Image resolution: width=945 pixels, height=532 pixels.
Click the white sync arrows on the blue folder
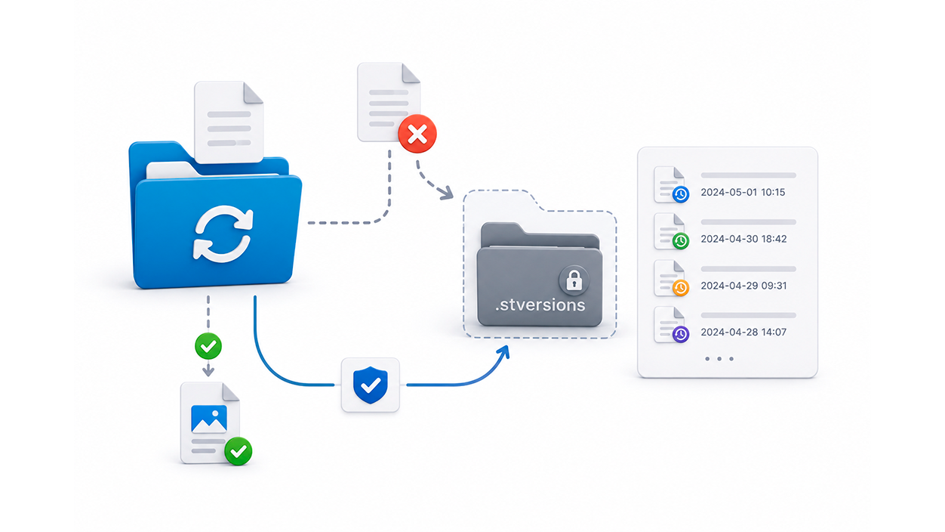point(223,234)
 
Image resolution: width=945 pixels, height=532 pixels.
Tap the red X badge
point(417,134)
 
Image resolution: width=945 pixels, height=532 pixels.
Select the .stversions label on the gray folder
point(540,305)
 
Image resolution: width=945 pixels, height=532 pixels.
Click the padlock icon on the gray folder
point(574,280)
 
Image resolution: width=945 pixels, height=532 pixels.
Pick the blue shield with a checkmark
point(370,385)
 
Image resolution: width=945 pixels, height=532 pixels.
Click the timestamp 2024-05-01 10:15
point(743,193)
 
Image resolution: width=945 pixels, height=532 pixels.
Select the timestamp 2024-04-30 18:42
point(743,239)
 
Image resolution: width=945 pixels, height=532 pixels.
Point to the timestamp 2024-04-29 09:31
point(743,286)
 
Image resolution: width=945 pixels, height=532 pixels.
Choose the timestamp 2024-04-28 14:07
point(743,332)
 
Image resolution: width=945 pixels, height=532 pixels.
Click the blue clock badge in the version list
point(681,194)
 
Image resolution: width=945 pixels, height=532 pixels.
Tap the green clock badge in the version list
point(681,241)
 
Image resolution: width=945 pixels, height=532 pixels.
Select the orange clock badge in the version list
point(681,288)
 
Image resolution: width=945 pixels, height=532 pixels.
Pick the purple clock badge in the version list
point(681,335)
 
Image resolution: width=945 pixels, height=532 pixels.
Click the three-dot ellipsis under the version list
point(719,359)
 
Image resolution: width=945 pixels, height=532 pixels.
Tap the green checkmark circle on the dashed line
point(208,346)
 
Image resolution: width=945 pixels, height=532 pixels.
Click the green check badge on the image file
point(239,451)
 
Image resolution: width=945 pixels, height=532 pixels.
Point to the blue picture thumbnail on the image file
point(209,419)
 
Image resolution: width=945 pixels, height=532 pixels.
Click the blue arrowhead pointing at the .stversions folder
point(503,353)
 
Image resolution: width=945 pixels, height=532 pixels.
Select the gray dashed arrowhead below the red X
point(445,193)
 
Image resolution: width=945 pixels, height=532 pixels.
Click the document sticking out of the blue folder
point(229,122)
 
